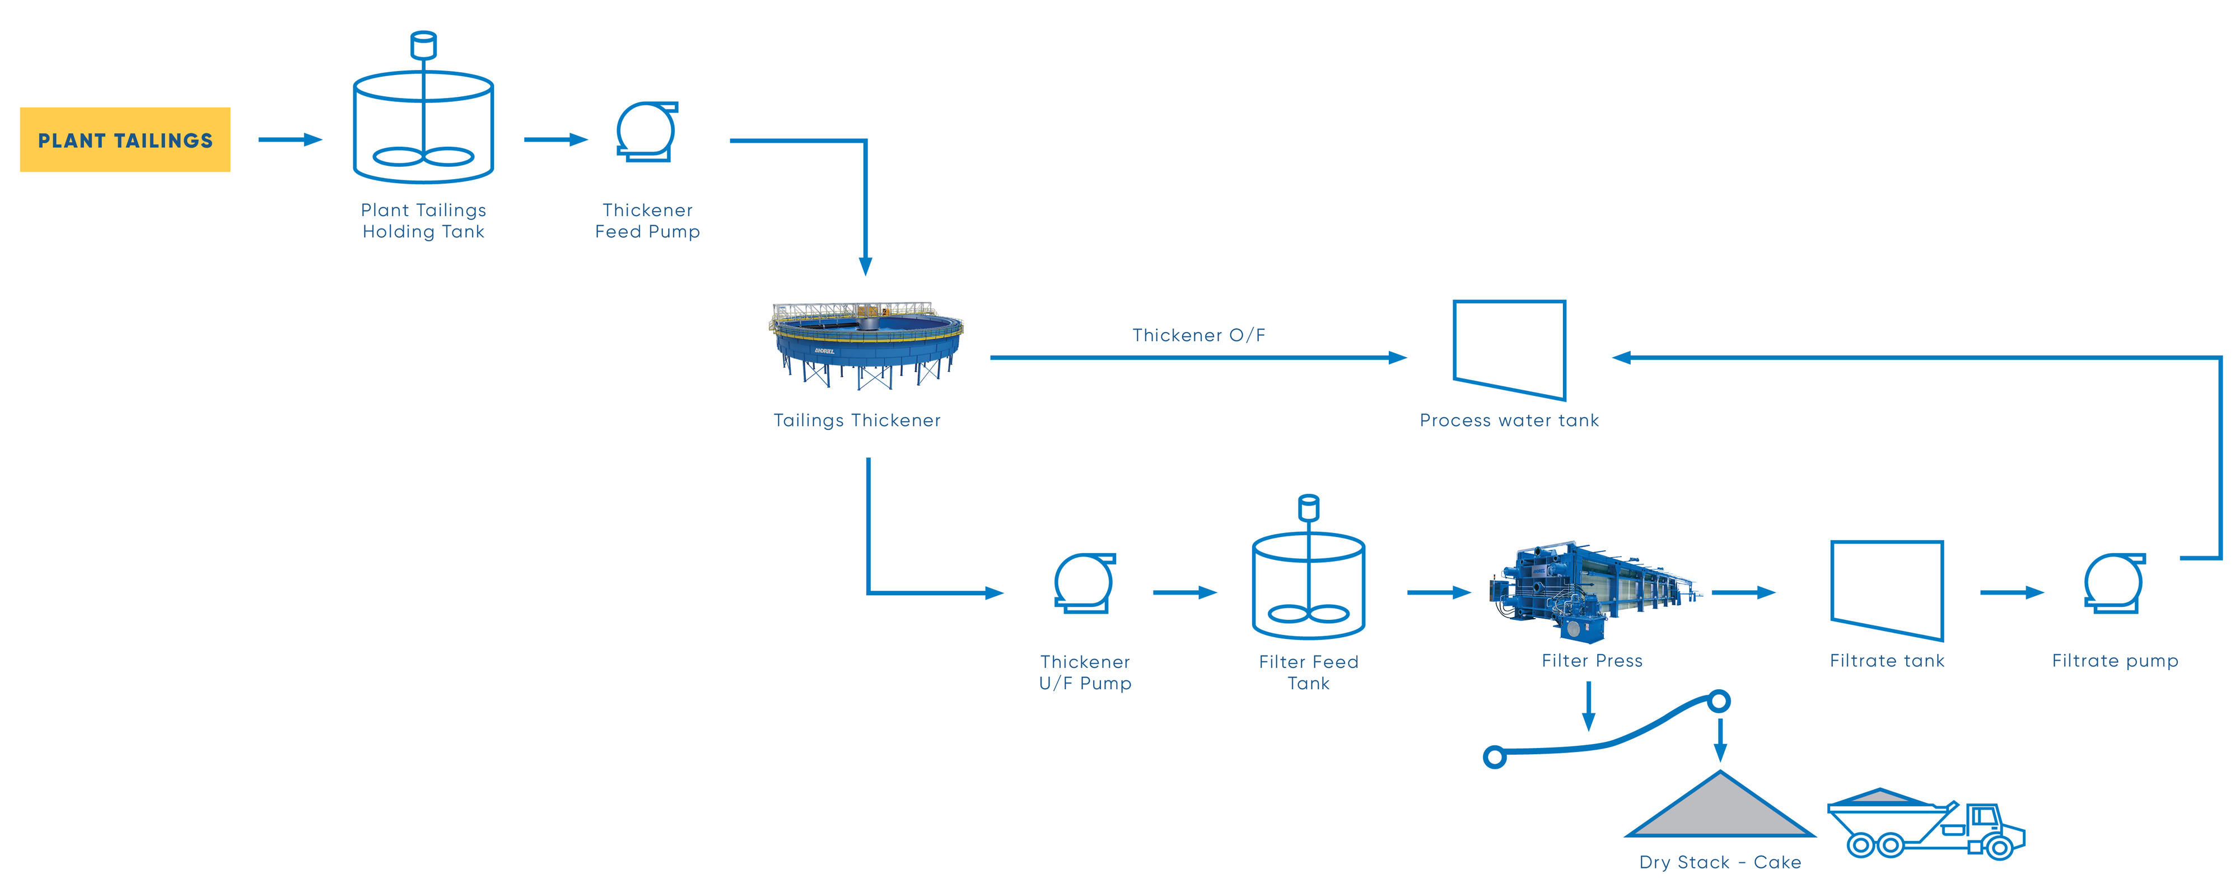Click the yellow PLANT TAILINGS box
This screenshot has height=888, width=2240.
point(125,140)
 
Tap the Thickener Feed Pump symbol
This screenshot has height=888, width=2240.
point(646,132)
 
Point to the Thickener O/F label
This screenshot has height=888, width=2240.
point(1198,335)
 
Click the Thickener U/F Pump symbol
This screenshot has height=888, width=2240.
point(1084,583)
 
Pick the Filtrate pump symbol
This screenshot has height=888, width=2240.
point(2114,583)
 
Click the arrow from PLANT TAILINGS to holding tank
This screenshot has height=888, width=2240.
point(290,139)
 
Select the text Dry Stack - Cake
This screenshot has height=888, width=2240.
point(1719,862)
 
